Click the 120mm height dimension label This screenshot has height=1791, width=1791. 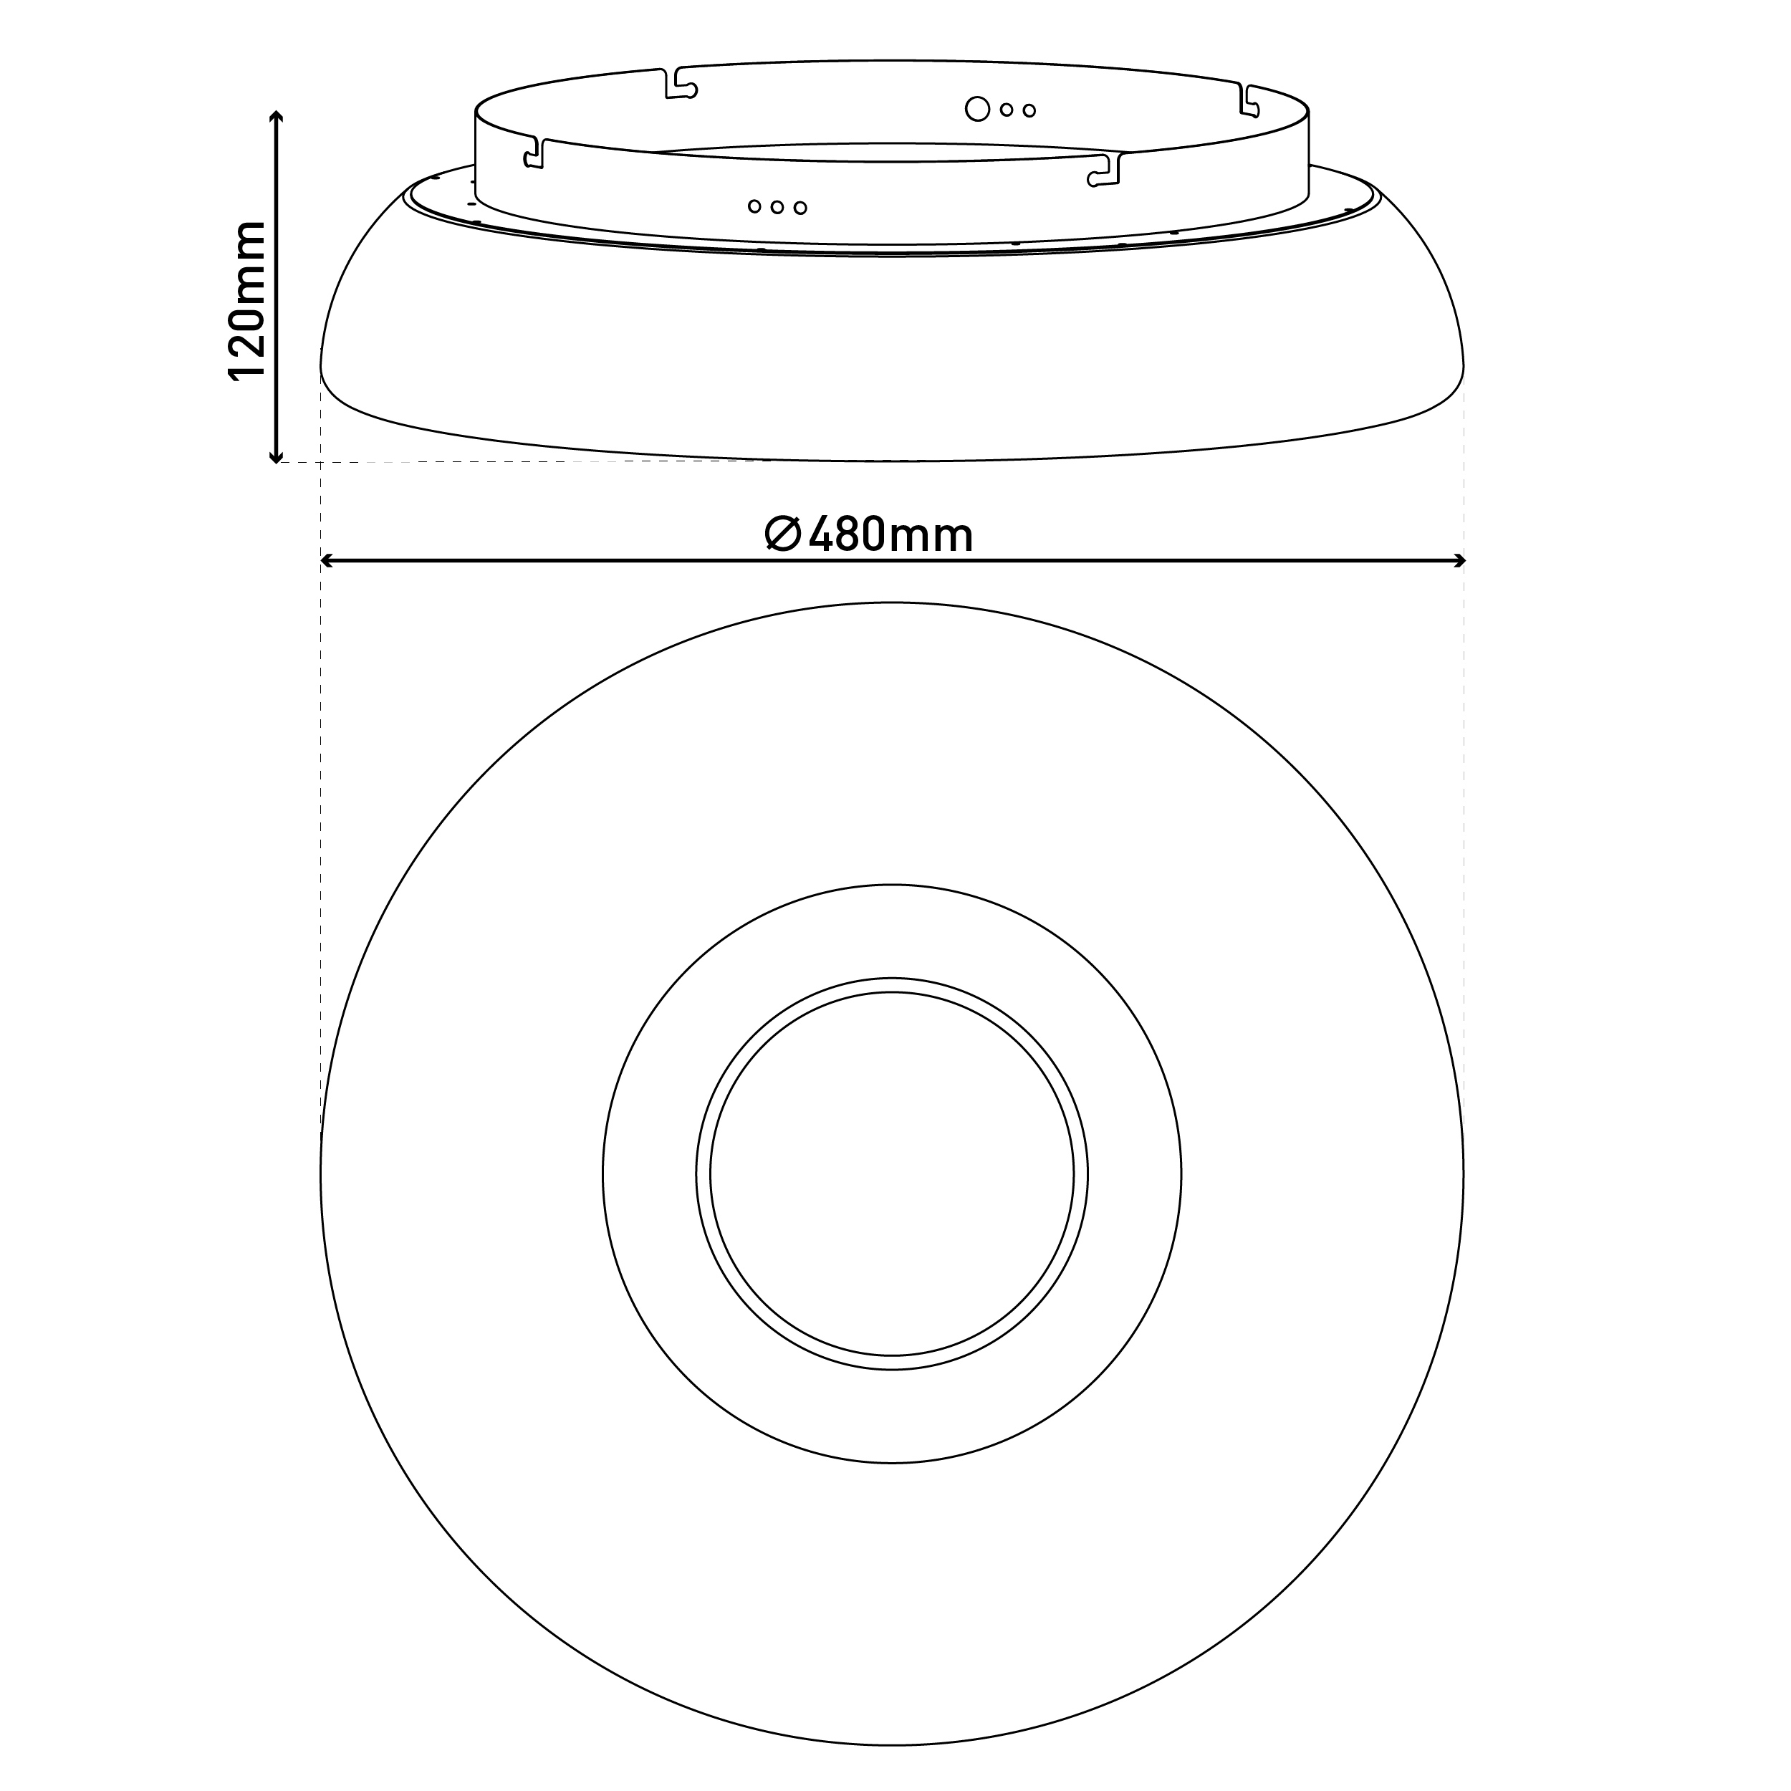[247, 300]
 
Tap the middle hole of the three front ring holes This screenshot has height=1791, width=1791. [777, 207]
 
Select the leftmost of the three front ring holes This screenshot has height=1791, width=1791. [754, 206]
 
